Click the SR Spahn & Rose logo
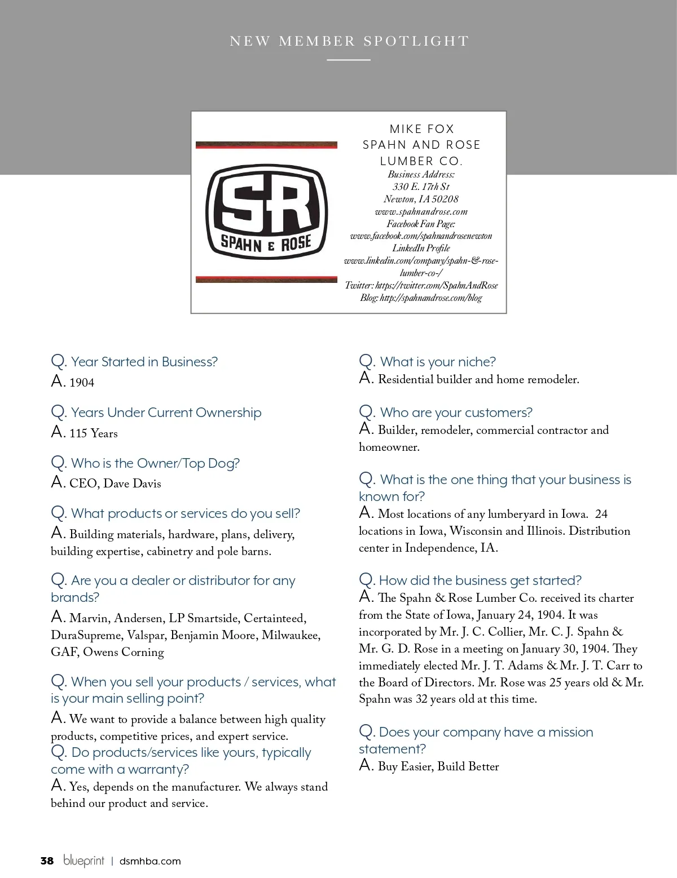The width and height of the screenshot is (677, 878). tap(266, 211)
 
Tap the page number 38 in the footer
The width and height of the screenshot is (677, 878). tap(47, 861)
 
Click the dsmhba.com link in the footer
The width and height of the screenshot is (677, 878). tap(150, 861)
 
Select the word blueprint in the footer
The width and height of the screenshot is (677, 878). tap(83, 861)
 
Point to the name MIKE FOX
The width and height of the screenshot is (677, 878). tap(421, 129)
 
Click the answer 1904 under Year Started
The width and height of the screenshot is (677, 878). tap(82, 383)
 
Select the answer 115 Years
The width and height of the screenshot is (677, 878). tap(93, 433)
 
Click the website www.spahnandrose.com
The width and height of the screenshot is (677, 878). tap(421, 212)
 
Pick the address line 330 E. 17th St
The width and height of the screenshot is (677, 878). tap(421, 187)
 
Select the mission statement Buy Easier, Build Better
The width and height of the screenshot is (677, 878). tap(438, 766)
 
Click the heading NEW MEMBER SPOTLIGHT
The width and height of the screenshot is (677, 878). tap(349, 41)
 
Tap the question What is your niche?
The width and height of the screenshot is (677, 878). tap(438, 362)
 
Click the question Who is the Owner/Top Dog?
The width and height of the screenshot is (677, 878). tap(155, 463)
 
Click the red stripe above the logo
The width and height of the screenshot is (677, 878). tap(266, 145)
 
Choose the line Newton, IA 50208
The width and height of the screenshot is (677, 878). tap(421, 199)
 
